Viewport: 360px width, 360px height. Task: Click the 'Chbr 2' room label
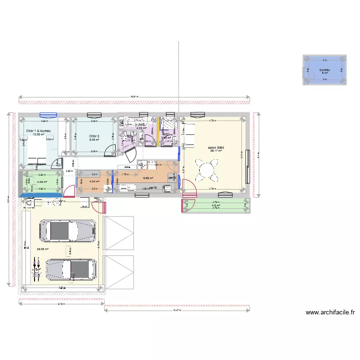(x=94, y=136)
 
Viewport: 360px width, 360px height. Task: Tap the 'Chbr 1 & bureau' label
(x=38, y=131)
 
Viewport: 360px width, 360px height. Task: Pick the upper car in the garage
(x=67, y=231)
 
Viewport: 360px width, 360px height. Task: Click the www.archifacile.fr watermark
(x=330, y=312)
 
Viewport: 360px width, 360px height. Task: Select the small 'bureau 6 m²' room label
(x=324, y=71)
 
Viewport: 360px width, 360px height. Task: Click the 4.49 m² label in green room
(x=41, y=182)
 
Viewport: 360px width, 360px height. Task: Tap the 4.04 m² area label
(x=94, y=181)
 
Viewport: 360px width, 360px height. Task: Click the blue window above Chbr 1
(x=48, y=115)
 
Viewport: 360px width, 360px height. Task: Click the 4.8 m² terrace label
(x=216, y=205)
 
